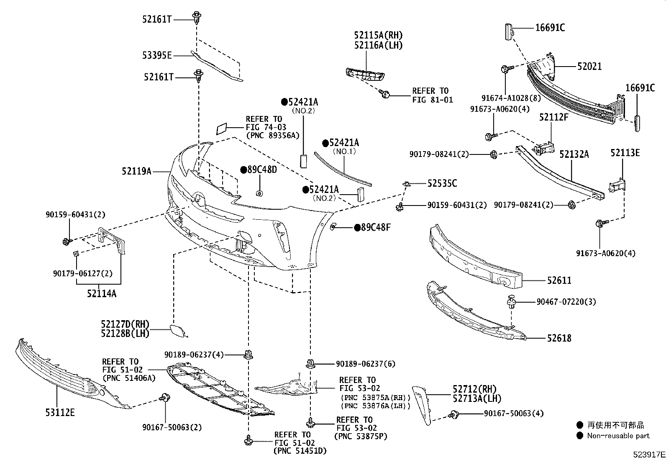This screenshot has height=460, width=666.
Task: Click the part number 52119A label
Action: (x=136, y=171)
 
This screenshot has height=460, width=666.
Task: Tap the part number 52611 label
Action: (x=559, y=280)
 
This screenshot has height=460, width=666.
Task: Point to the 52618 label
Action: (x=559, y=338)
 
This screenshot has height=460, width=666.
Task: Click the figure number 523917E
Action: (x=648, y=454)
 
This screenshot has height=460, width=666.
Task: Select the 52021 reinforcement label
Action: (x=589, y=66)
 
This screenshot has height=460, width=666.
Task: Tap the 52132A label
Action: (x=574, y=154)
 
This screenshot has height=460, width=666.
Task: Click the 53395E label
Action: (x=157, y=55)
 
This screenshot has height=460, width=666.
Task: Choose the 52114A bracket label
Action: (x=102, y=293)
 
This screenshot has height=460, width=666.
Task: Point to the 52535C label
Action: (x=442, y=183)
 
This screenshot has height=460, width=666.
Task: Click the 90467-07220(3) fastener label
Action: (x=561, y=302)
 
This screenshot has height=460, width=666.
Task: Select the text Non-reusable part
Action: (x=618, y=436)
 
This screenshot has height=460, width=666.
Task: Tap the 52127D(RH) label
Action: (x=125, y=324)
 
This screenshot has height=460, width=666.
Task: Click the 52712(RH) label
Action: (x=474, y=390)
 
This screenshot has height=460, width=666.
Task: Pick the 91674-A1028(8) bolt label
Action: (x=505, y=98)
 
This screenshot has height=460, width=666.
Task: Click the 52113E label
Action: (x=625, y=153)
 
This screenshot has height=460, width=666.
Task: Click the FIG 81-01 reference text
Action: (x=433, y=100)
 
